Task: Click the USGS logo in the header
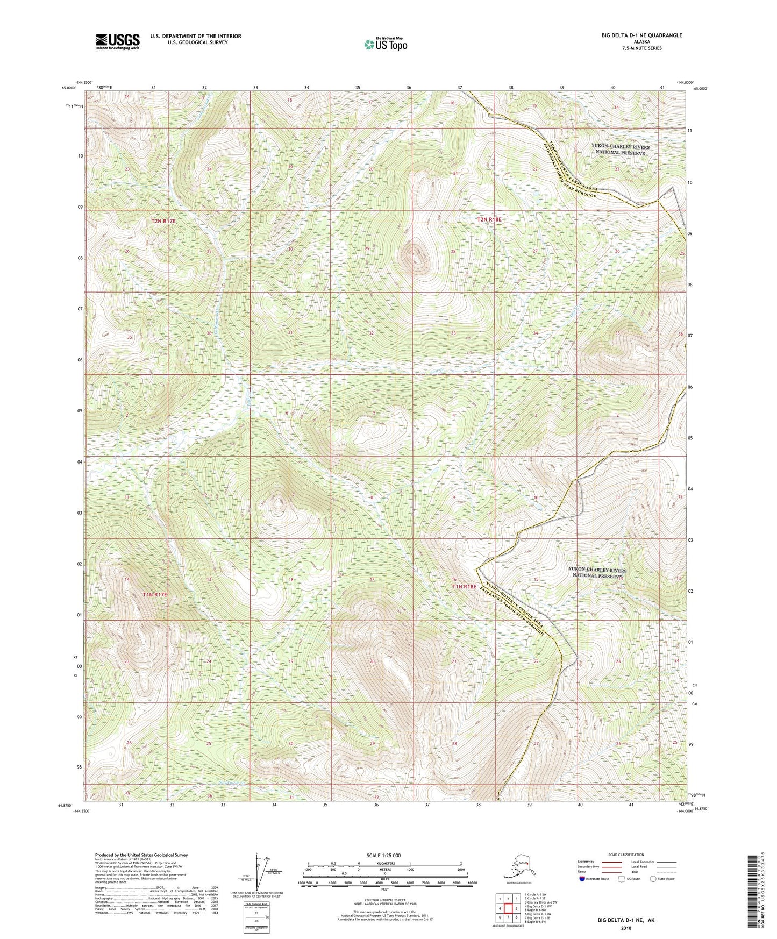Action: click(x=118, y=41)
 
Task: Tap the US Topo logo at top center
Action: click(x=385, y=44)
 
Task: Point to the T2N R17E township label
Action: click(x=163, y=221)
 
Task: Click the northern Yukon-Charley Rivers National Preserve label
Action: click(x=620, y=150)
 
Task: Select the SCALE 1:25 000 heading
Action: click(x=385, y=855)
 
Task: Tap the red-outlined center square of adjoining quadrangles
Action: click(x=508, y=908)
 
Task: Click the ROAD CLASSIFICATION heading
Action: click(x=625, y=855)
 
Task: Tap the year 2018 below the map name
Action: click(x=625, y=928)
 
